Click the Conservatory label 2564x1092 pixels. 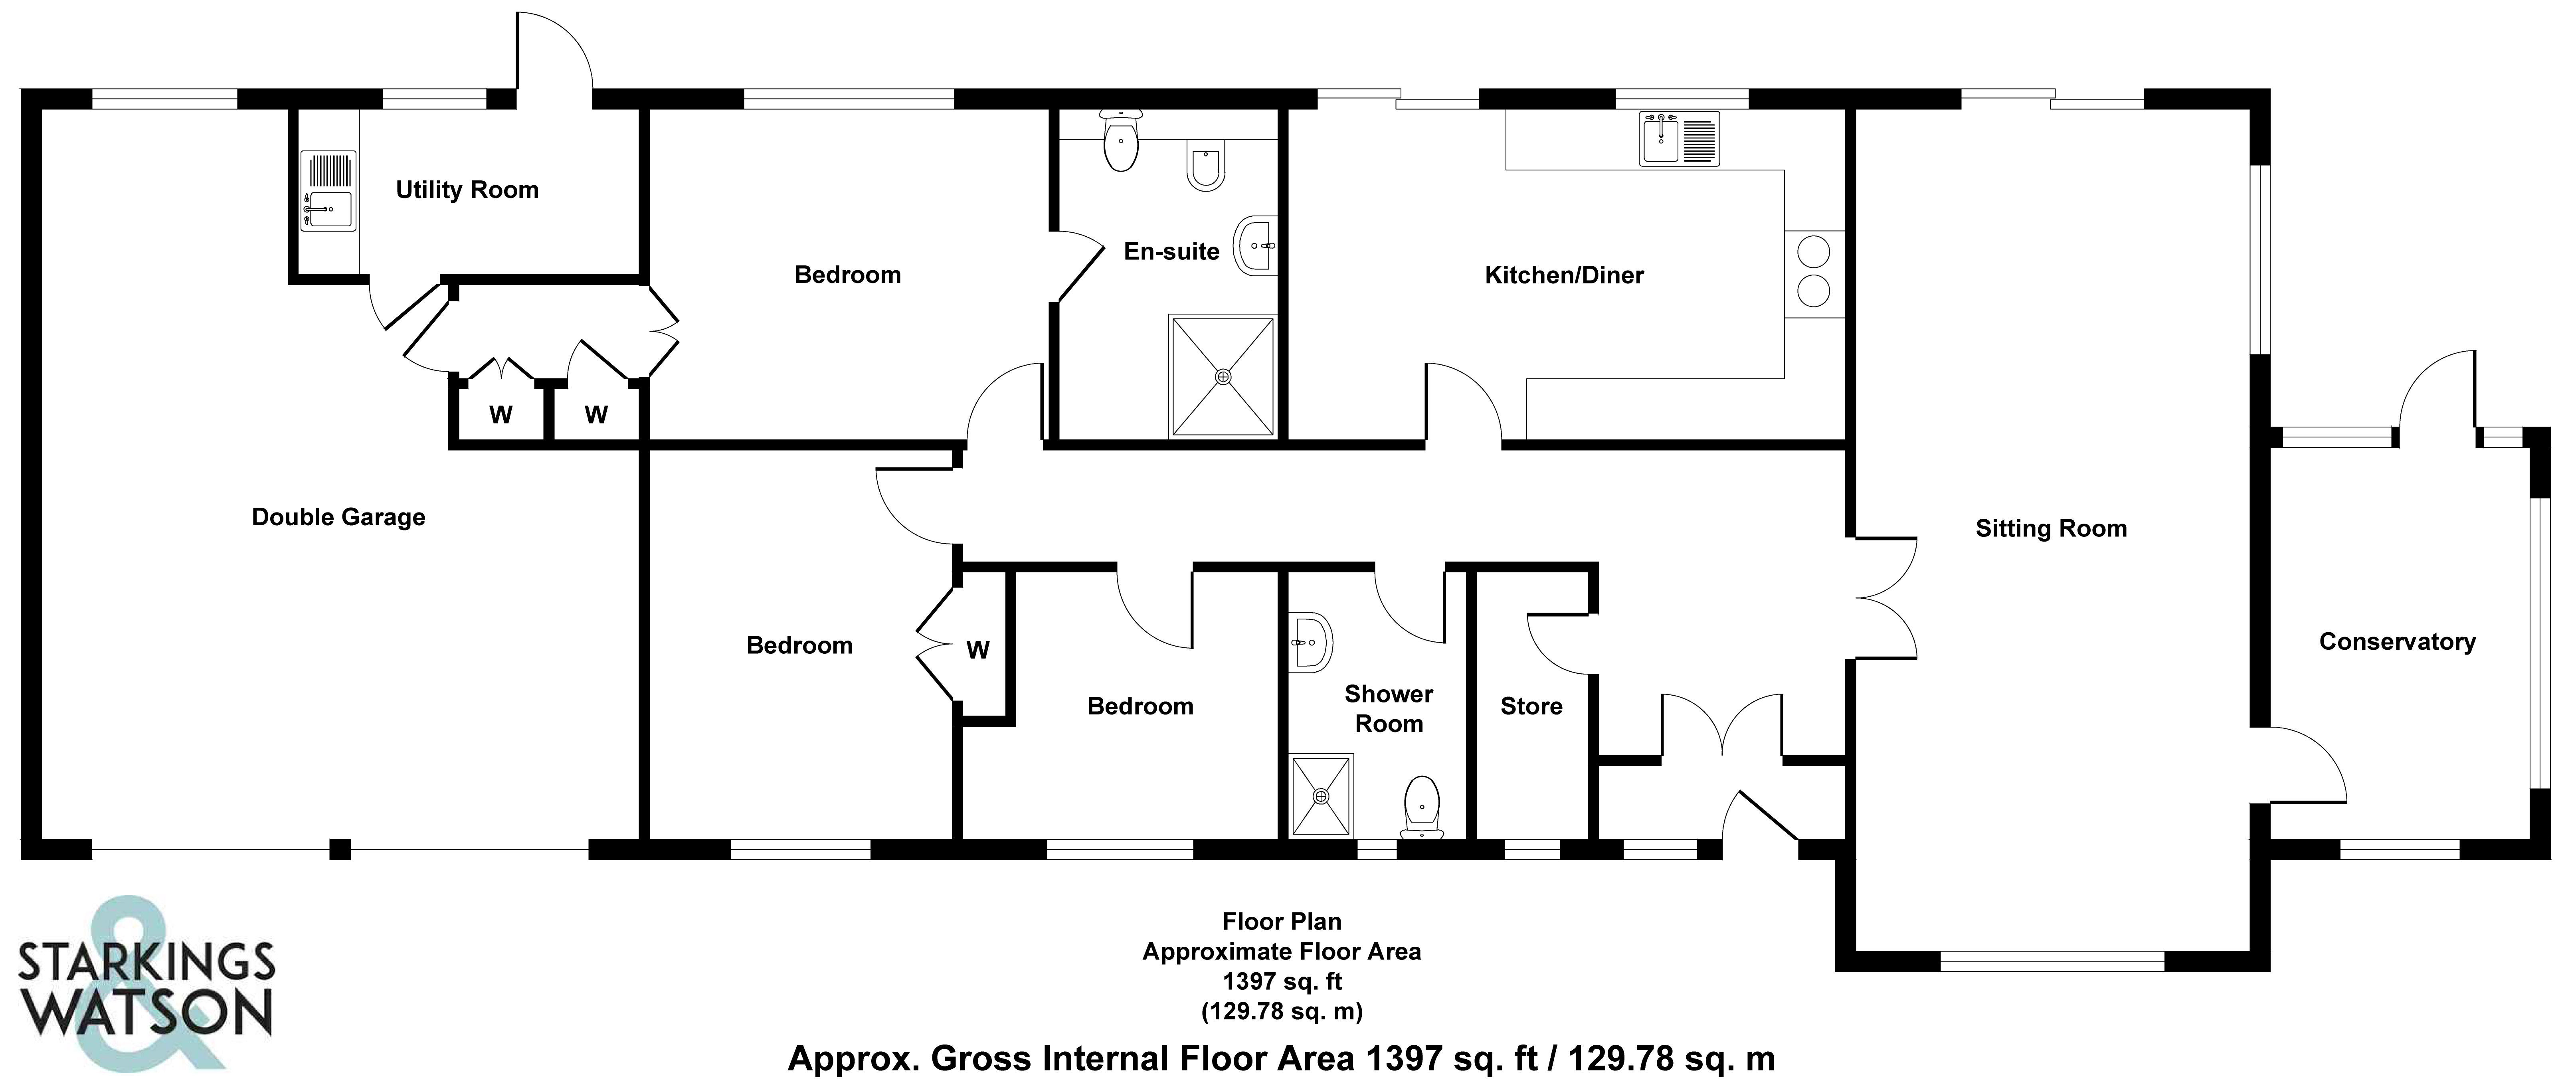point(2397,641)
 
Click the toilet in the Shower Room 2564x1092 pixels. point(1422,806)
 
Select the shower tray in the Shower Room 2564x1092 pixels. point(1321,796)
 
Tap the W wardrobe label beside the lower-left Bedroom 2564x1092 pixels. point(977,650)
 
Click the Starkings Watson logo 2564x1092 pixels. point(145,985)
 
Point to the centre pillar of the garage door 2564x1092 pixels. point(340,849)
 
